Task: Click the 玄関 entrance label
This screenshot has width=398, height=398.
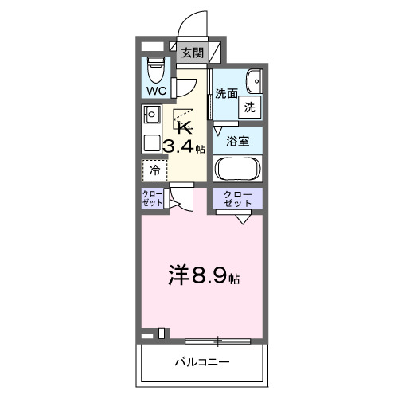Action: point(193,53)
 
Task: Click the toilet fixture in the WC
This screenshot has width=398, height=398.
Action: point(155,69)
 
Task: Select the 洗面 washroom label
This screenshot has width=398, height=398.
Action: point(226,93)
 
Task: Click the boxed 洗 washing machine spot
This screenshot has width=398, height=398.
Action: point(249,107)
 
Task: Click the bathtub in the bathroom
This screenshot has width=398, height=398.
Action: point(238,170)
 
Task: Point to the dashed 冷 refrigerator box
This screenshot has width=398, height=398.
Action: point(156,170)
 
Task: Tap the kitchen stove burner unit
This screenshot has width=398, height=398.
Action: point(151,115)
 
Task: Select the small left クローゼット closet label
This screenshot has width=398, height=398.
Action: point(153,199)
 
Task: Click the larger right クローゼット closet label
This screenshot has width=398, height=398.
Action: point(238,199)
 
